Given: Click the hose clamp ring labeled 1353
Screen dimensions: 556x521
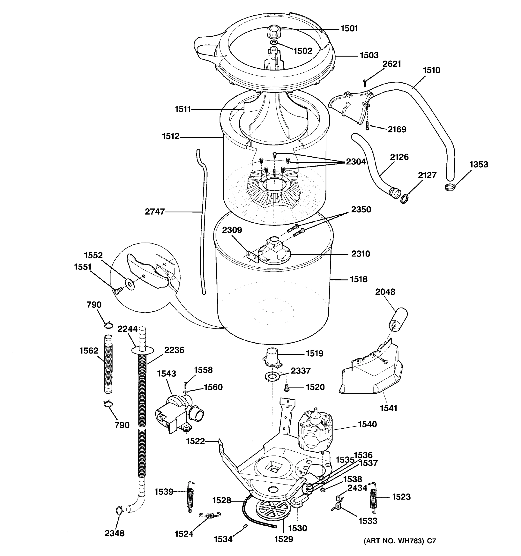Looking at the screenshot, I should tap(450, 186).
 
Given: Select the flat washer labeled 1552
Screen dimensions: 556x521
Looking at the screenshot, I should tap(130, 284).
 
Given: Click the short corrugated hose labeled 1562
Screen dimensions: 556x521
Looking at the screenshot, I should tap(108, 364).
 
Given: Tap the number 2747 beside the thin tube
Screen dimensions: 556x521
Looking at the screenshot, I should tap(155, 212).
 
